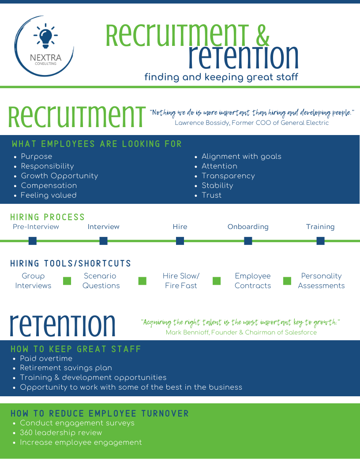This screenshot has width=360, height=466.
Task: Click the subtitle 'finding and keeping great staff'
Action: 221,77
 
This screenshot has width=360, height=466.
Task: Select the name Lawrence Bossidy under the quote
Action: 202,123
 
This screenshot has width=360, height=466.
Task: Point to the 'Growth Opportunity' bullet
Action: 59,176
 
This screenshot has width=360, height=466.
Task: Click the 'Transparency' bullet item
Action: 228,176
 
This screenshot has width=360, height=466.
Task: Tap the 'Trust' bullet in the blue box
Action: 211,195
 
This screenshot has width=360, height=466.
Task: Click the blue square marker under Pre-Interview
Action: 32,241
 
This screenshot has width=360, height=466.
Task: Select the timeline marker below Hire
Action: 180,241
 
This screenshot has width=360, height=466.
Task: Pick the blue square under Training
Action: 320,241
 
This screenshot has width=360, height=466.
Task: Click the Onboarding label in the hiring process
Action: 248,227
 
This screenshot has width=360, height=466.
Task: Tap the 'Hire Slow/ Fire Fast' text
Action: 181,281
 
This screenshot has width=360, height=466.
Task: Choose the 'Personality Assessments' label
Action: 321,281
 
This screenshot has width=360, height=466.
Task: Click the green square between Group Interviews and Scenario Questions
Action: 67,281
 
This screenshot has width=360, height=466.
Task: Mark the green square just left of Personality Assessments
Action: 287,281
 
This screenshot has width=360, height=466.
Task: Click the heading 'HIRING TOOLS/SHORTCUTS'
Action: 71,264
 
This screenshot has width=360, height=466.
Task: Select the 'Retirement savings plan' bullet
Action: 66,368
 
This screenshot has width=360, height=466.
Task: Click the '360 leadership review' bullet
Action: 60,432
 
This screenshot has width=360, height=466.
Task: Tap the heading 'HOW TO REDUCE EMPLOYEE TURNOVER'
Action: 100,413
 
